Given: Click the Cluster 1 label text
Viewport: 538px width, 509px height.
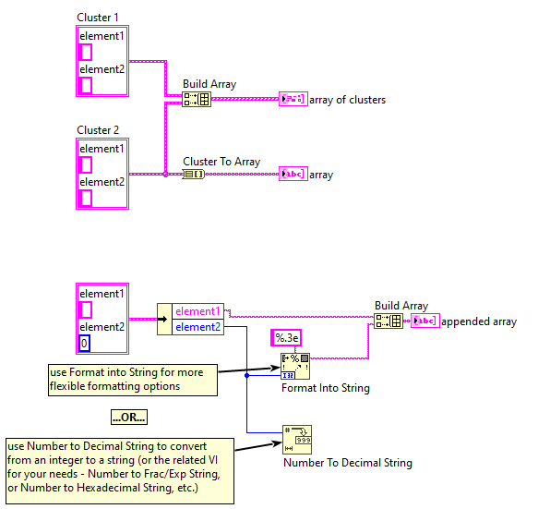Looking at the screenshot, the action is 98,18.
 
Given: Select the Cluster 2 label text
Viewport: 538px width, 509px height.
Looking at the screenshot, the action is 98,130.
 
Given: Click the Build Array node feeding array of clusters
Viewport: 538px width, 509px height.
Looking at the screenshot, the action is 197,99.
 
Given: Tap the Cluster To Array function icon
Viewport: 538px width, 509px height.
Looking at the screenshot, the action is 194,174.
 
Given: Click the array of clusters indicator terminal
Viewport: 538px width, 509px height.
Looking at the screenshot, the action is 293,99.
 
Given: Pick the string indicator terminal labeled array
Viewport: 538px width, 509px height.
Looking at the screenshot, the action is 293,174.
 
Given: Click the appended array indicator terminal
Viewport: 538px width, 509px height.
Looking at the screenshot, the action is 425,321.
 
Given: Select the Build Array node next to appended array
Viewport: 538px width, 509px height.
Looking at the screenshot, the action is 389,321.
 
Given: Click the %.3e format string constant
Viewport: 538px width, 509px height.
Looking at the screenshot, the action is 286,338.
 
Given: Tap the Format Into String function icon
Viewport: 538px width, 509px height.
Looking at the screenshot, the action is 295,366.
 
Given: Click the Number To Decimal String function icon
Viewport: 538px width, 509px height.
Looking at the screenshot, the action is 297,440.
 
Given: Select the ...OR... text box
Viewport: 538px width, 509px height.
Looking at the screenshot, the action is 129,417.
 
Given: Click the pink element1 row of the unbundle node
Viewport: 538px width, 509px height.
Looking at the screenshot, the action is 197,311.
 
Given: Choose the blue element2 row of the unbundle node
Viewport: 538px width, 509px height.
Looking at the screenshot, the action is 197,327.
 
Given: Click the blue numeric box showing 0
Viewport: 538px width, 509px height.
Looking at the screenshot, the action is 84,343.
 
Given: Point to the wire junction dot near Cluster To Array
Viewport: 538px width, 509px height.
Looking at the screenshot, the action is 165,174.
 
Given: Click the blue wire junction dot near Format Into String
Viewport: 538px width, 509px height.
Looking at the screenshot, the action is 246,375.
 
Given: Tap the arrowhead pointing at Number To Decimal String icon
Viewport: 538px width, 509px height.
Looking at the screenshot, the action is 277,443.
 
